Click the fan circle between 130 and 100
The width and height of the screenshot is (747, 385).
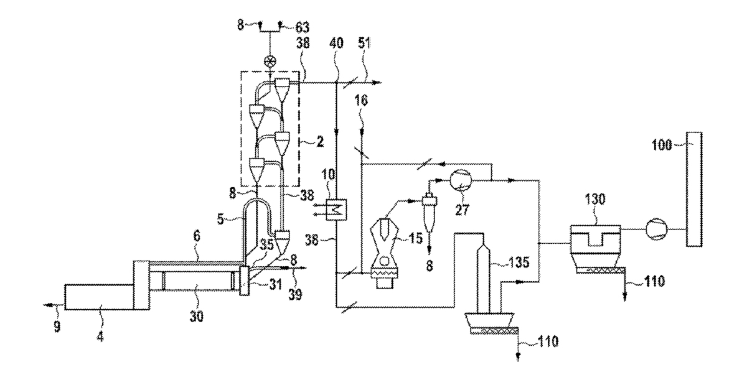coord(655,229)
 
